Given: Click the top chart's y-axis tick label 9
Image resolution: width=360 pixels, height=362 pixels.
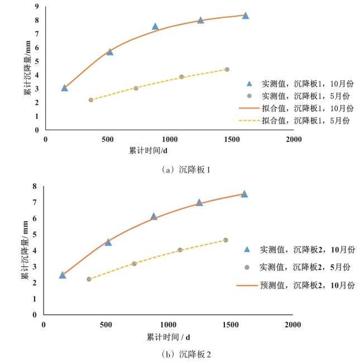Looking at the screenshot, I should click(36, 7).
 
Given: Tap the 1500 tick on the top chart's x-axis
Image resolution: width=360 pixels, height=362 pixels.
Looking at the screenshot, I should click(231, 139).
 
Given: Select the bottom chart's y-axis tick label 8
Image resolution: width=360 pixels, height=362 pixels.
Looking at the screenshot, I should click(35, 187).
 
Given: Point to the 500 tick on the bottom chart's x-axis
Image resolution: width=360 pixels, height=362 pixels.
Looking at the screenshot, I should click(105, 324).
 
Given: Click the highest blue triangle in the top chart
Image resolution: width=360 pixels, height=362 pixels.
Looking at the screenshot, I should click(245, 16).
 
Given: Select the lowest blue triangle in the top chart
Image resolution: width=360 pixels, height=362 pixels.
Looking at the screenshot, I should click(65, 88).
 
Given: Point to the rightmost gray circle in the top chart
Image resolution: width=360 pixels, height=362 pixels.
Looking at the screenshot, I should click(227, 69).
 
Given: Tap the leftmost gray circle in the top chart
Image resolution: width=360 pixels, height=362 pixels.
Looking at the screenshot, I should click(90, 100).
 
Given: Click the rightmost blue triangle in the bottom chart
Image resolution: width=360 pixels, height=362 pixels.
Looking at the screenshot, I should click(244, 194).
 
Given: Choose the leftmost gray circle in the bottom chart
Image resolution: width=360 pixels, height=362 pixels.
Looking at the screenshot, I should click(89, 279).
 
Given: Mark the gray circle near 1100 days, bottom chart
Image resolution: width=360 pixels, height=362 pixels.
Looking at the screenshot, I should click(180, 250).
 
